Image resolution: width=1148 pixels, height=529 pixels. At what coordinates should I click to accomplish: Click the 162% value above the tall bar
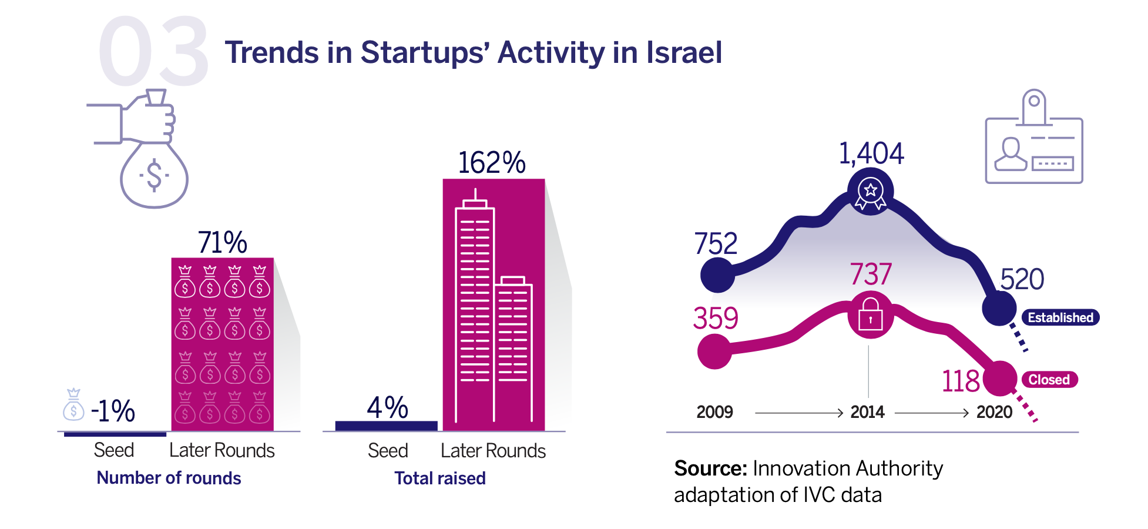point(491,163)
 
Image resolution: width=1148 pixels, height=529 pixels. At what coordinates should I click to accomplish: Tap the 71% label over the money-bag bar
point(222,242)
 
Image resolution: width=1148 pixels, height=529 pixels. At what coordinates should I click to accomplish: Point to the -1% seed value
point(113,410)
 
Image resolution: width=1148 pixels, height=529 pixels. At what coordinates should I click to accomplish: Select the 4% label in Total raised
point(387,407)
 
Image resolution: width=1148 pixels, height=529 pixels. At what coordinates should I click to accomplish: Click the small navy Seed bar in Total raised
point(386,426)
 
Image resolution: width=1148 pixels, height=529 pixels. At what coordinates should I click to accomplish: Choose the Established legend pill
point(1060,317)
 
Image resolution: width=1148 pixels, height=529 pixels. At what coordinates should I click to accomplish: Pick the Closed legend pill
point(1049,380)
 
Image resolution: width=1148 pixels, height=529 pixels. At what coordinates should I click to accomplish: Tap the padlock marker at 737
point(870,314)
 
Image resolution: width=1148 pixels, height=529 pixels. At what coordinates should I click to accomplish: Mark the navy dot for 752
point(717,274)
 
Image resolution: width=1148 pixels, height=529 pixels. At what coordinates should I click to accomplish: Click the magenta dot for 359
point(714,351)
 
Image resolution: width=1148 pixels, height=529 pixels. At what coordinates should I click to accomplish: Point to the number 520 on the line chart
point(1022,279)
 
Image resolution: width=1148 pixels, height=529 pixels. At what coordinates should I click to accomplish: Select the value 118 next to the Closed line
point(961,381)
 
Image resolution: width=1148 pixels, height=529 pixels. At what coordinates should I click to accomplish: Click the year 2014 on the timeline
point(867,412)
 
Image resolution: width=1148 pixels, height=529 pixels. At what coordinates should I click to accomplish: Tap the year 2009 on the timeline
point(714,412)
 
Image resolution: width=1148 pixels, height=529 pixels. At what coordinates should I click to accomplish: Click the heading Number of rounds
point(169,478)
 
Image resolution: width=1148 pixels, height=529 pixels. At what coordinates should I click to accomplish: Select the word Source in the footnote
point(710,468)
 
